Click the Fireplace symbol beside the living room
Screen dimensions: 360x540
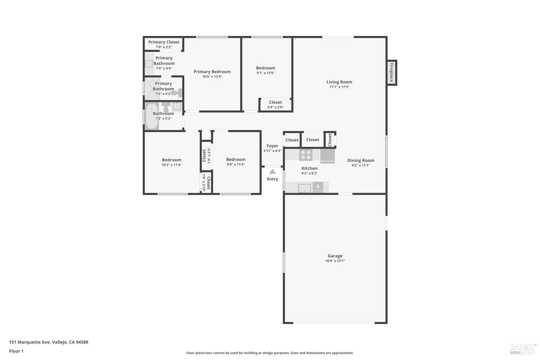tap(392, 72)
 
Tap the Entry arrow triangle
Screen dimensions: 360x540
tap(273, 172)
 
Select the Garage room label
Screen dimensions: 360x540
tap(335, 256)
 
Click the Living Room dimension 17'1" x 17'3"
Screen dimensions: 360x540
tap(339, 87)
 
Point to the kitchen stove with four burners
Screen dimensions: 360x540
tap(306, 155)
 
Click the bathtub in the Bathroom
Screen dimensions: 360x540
tap(152, 116)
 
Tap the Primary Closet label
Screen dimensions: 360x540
tap(164, 42)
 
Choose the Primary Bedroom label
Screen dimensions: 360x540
tap(212, 72)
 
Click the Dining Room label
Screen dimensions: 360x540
tap(360, 161)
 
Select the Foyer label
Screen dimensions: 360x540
tap(272, 146)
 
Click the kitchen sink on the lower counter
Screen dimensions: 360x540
tap(305, 188)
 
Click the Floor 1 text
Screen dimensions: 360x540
tap(16, 351)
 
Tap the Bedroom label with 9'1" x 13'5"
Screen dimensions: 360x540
tap(265, 68)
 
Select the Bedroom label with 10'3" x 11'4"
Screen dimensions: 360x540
tap(171, 160)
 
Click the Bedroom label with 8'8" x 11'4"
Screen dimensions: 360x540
tap(236, 159)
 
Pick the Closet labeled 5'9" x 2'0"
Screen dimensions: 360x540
tap(275, 102)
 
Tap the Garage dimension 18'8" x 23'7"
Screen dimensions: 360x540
tap(335, 261)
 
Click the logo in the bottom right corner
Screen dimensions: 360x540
tap(523, 348)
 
